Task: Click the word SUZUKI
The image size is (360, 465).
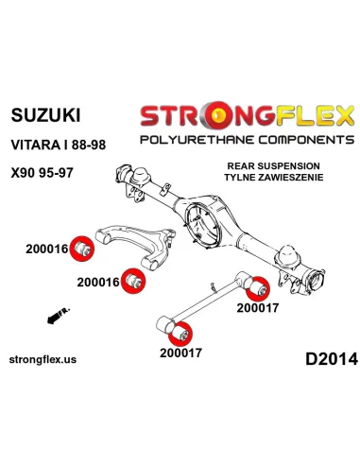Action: point(45,115)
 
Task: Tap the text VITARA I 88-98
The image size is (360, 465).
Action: point(59,145)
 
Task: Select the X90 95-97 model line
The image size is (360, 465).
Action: point(42,173)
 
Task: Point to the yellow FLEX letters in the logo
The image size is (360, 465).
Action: point(315,115)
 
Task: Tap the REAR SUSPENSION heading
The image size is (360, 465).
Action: point(273,166)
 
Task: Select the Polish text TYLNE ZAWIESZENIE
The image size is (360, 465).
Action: point(274,178)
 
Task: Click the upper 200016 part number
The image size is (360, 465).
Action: point(47,250)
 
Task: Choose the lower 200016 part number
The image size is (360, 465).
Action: point(98,282)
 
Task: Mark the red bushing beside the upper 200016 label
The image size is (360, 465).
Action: point(81,249)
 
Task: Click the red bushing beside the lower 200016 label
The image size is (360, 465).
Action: point(133,281)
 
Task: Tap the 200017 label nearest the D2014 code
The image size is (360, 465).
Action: point(258,308)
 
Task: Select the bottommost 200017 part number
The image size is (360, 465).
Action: point(180,353)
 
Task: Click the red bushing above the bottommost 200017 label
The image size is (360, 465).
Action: point(180,334)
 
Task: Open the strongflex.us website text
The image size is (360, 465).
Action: point(43,359)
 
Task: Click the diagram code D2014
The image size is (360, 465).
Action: point(332,359)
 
